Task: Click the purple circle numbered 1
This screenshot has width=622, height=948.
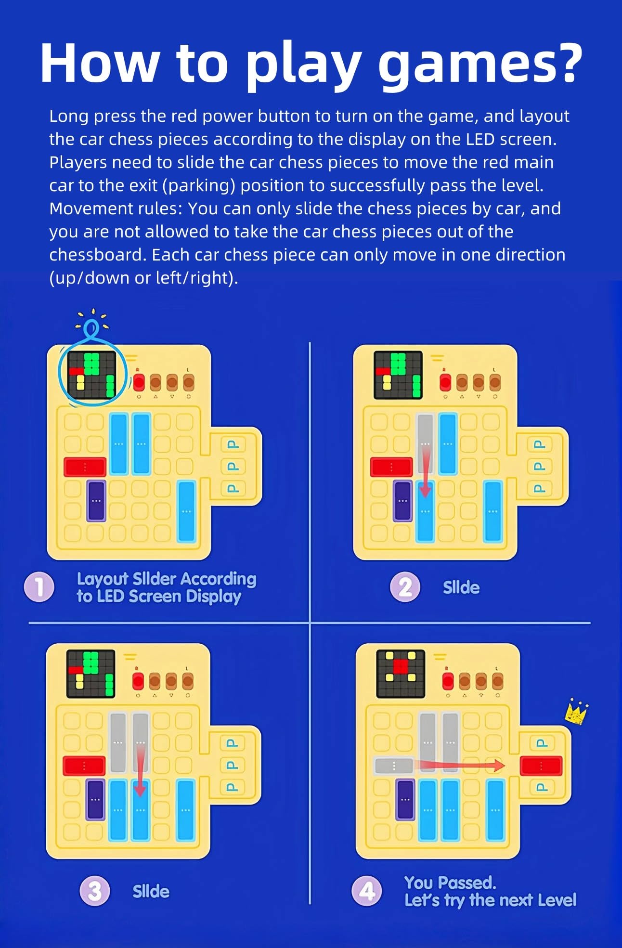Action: click(x=39, y=587)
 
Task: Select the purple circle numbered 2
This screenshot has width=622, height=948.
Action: click(x=405, y=587)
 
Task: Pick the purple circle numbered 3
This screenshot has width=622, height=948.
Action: click(x=95, y=891)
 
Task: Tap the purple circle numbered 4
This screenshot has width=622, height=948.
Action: click(x=367, y=891)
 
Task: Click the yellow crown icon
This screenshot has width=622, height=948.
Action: click(x=576, y=712)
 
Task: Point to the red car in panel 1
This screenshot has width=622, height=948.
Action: click(x=85, y=467)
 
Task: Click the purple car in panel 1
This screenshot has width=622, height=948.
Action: click(x=96, y=501)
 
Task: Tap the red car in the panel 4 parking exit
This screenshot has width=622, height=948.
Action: click(x=541, y=766)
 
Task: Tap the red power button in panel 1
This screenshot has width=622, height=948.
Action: click(x=139, y=382)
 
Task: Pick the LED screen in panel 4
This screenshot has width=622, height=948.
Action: click(x=401, y=674)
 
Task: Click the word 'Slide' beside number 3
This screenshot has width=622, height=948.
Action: click(x=151, y=891)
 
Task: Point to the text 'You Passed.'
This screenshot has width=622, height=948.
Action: click(x=450, y=883)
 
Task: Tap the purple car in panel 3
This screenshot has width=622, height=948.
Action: click(x=95, y=800)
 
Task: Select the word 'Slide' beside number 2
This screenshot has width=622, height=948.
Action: click(x=461, y=587)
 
